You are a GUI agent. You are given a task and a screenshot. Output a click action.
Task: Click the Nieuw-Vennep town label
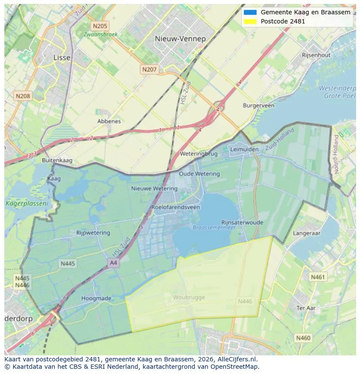click(x=180, y=39)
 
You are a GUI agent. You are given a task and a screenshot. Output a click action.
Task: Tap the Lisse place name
click(x=61, y=57)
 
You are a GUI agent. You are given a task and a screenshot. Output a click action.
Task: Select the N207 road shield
click(x=149, y=69)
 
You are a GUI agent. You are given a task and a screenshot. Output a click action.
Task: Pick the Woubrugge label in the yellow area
click(x=189, y=298)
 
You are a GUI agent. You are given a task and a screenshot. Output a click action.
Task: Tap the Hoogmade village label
click(x=96, y=298)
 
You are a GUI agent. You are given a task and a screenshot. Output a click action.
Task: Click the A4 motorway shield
click(x=113, y=263)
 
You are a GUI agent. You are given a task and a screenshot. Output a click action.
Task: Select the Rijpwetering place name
click(x=93, y=233)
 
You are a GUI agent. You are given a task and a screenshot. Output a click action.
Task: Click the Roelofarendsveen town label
click(x=176, y=207)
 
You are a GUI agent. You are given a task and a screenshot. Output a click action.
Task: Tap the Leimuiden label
click(x=244, y=149)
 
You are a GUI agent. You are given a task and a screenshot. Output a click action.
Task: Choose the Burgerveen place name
click(x=259, y=106)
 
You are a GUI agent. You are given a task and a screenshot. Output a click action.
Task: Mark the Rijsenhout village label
click(x=316, y=55)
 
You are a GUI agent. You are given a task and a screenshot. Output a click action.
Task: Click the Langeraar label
click(x=307, y=233)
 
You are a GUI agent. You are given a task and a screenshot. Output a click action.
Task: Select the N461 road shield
click(x=317, y=277)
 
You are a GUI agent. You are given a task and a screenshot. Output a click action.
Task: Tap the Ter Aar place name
click(x=306, y=308)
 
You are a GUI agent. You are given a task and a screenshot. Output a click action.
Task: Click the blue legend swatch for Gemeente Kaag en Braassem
click(x=250, y=12)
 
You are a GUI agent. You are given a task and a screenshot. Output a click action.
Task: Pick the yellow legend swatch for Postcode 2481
click(x=250, y=21)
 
